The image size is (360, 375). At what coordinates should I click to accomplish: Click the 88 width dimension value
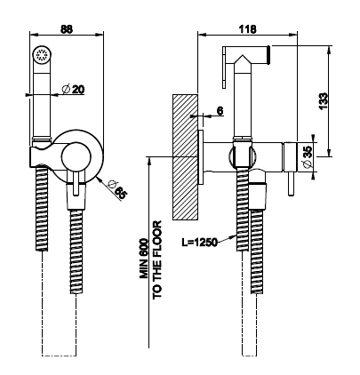[67, 29]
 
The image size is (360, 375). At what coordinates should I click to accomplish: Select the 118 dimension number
[248, 29]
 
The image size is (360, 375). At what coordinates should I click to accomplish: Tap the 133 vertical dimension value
[324, 101]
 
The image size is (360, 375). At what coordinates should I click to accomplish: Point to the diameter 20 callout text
[73, 89]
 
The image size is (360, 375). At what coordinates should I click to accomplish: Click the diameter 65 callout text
[117, 189]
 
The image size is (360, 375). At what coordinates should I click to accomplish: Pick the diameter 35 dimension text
[308, 156]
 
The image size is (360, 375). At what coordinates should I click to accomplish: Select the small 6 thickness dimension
[220, 111]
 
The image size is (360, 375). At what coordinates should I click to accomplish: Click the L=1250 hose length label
[199, 242]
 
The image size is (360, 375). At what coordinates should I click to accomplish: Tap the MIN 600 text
[144, 258]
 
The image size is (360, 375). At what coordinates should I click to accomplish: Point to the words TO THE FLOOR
[157, 259]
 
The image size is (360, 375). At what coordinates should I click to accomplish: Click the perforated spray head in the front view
[42, 55]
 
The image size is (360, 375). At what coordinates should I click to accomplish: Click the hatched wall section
[185, 157]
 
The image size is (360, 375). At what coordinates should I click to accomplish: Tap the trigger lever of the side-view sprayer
[225, 68]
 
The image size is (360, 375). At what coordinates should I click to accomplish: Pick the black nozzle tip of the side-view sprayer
[268, 55]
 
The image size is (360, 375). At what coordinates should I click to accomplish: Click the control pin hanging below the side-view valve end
[292, 184]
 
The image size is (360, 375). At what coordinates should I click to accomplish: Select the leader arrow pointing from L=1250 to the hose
[227, 239]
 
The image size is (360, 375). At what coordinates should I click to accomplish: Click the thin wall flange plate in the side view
[201, 157]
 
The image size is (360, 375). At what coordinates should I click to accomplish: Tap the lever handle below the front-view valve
[76, 183]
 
